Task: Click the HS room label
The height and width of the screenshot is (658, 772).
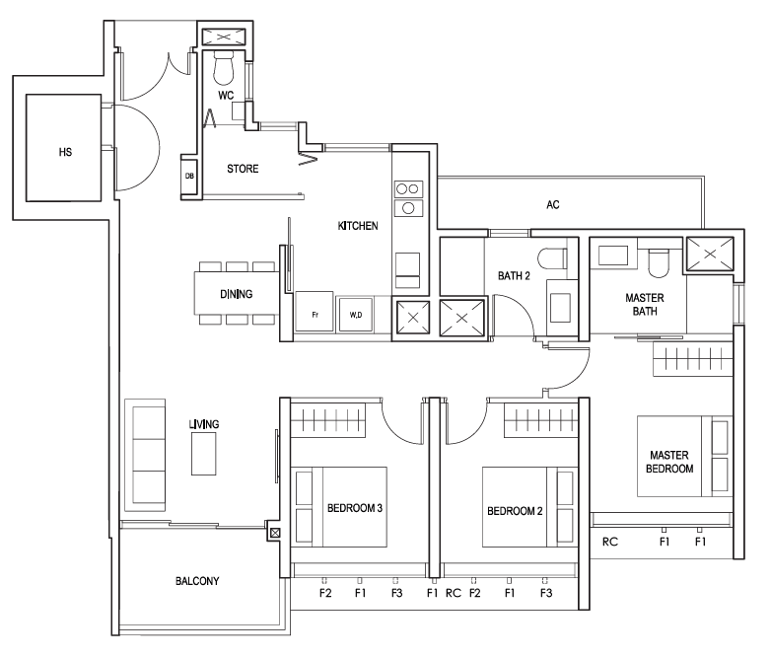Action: point(65,152)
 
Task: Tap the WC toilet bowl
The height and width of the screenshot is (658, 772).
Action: point(225,68)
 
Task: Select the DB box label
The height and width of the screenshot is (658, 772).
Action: point(189,176)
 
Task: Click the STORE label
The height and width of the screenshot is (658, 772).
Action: point(243,169)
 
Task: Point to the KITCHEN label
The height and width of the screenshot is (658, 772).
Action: point(358,226)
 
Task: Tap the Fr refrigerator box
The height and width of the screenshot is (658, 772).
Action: point(315,313)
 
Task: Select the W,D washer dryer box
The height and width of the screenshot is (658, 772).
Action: point(356,315)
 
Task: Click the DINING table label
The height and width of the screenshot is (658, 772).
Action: point(237,294)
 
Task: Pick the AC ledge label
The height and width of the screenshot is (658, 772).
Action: point(553,205)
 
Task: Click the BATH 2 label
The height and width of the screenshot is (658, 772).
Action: point(514,276)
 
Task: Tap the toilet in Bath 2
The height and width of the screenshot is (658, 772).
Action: point(552,258)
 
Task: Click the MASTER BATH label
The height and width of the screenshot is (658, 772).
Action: point(645,305)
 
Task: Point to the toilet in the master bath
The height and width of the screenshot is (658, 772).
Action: point(659,263)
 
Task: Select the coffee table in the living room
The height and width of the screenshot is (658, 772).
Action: point(203,454)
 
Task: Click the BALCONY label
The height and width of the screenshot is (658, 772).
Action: point(197,581)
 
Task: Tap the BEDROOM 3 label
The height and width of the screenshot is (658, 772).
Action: point(355,508)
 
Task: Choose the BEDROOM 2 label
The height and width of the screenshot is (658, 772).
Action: point(515,511)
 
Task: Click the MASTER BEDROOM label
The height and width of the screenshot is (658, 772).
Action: point(669,462)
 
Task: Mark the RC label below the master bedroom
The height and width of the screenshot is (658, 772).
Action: point(610,542)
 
